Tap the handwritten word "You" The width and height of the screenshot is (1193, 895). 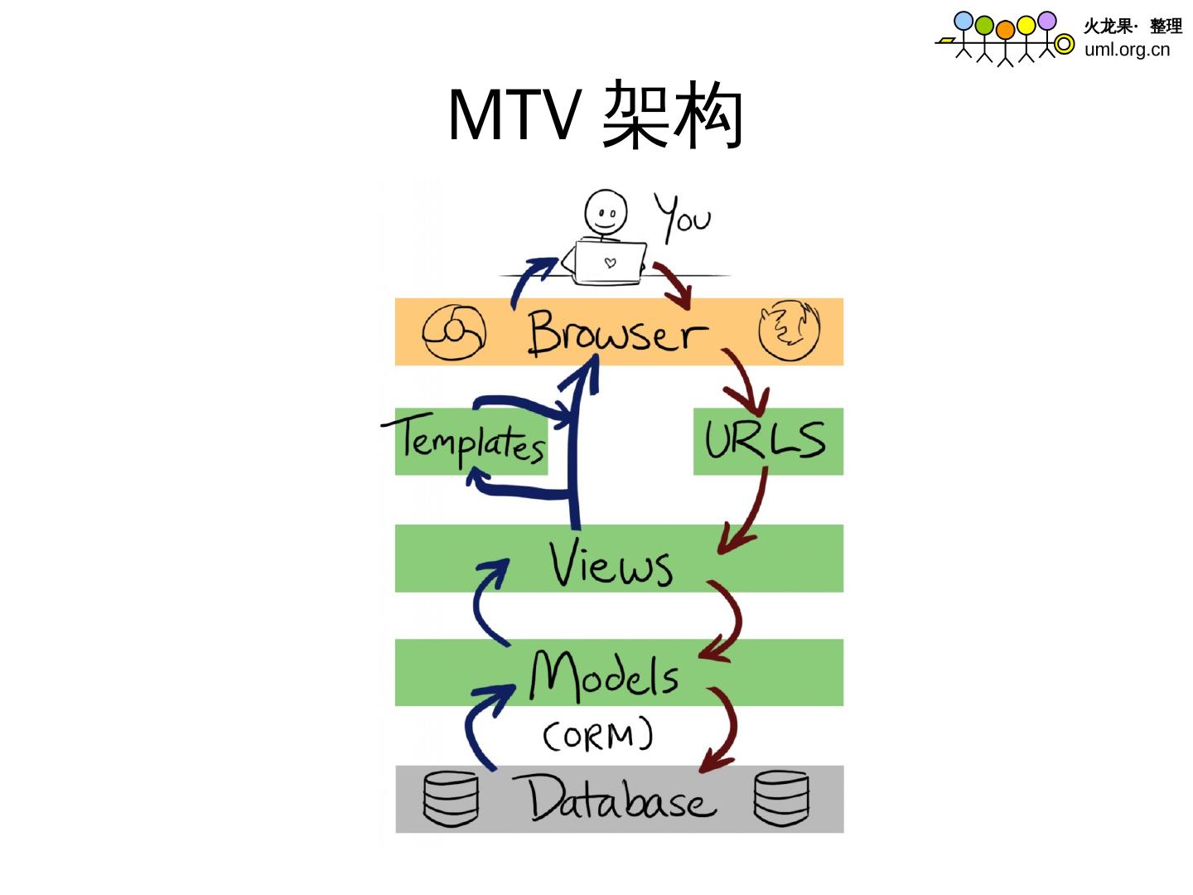pos(683,217)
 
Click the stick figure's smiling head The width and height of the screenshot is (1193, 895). pos(606,213)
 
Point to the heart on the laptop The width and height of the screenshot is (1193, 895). pos(611,264)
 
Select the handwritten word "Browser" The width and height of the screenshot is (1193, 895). pos(617,333)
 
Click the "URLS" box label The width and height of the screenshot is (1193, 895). pos(766,440)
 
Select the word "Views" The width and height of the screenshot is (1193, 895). pos(611,564)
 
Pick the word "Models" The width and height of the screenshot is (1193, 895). pos(604,675)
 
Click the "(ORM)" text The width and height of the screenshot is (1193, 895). pos(597,735)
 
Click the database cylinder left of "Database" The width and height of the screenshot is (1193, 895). pos(451,799)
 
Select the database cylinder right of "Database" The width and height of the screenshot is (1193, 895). pos(781,798)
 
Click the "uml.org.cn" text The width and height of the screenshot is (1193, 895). pos(1127,49)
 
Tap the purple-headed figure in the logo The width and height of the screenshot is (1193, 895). pos(1046,22)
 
